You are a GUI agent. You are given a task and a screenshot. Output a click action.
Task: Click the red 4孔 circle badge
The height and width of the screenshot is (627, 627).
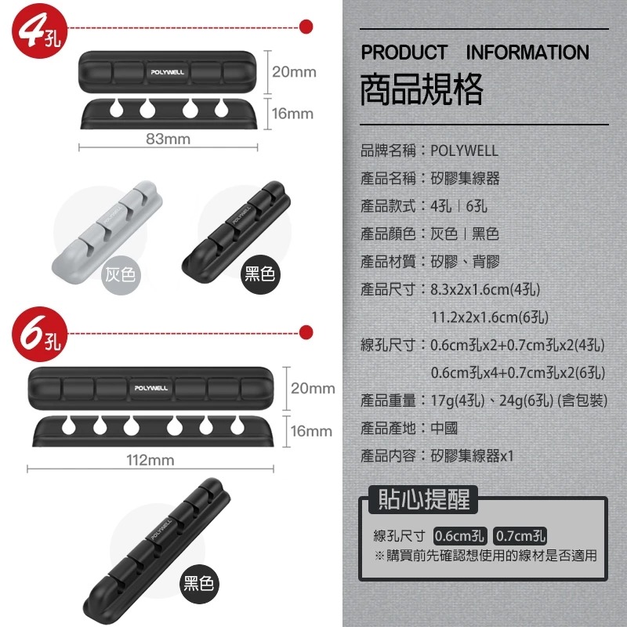pyautogui.click(x=39, y=31)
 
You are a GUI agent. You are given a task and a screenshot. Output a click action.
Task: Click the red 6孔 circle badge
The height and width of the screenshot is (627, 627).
pyautogui.click(x=39, y=334)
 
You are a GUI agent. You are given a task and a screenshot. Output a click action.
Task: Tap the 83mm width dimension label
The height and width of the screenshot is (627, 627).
pyautogui.click(x=168, y=139)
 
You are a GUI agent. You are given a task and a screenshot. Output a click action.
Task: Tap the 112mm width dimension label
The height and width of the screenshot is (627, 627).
pyautogui.click(x=150, y=460)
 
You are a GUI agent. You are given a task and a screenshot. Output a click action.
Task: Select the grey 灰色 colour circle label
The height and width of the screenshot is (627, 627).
pyautogui.click(x=121, y=275)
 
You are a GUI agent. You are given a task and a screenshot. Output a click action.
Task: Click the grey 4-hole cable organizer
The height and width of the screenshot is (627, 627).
pyautogui.click(x=107, y=232)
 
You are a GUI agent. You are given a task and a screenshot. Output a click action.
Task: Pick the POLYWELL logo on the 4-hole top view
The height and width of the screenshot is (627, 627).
pyautogui.click(x=168, y=72)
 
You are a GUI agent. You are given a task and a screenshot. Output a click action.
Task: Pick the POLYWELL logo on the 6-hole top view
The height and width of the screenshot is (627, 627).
pyautogui.click(x=151, y=388)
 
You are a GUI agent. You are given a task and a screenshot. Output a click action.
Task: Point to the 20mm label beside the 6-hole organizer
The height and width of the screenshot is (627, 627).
pyautogui.click(x=313, y=388)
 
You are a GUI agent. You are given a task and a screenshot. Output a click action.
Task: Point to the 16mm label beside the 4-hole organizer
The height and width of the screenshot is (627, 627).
pyautogui.click(x=292, y=114)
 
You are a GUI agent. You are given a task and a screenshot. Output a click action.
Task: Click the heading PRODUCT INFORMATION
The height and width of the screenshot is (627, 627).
pyautogui.click(x=475, y=53)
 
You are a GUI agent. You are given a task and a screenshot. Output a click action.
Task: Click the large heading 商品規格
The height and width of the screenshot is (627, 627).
pyautogui.click(x=422, y=89)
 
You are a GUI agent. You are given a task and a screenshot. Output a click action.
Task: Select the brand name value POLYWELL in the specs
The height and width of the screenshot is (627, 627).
pyautogui.click(x=464, y=150)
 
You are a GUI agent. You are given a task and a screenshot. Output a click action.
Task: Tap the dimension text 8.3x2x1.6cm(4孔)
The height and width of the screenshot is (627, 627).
pyautogui.click(x=485, y=289)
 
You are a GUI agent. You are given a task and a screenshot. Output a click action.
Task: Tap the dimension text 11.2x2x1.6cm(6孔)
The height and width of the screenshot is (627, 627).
pyautogui.click(x=489, y=317)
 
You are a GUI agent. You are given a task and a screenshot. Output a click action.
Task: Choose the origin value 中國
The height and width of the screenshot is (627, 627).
pyautogui.click(x=444, y=428)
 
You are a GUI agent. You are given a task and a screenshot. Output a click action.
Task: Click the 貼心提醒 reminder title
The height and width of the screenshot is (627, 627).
pyautogui.click(x=424, y=499)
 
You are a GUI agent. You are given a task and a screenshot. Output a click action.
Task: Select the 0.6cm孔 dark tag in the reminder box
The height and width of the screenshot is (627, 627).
pyautogui.click(x=460, y=536)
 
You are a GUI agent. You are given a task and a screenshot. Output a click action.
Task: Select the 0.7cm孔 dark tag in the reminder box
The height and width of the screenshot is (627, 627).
pyautogui.click(x=520, y=536)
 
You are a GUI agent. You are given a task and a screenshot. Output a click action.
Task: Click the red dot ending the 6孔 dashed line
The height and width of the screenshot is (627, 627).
pyautogui.click(x=306, y=332)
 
